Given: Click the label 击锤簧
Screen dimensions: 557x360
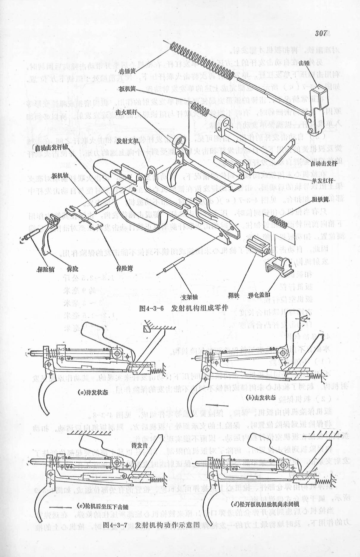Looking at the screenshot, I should coord(126,72).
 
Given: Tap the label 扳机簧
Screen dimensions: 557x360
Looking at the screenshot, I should coord(126,89).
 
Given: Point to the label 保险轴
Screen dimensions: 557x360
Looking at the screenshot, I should coord(46,269).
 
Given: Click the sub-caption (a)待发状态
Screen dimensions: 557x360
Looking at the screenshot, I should coord(91,392).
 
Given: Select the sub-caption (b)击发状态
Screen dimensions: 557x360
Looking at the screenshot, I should coord(261,398).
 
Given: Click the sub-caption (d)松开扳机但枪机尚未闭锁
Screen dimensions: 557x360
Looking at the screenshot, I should coord(265,504).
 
